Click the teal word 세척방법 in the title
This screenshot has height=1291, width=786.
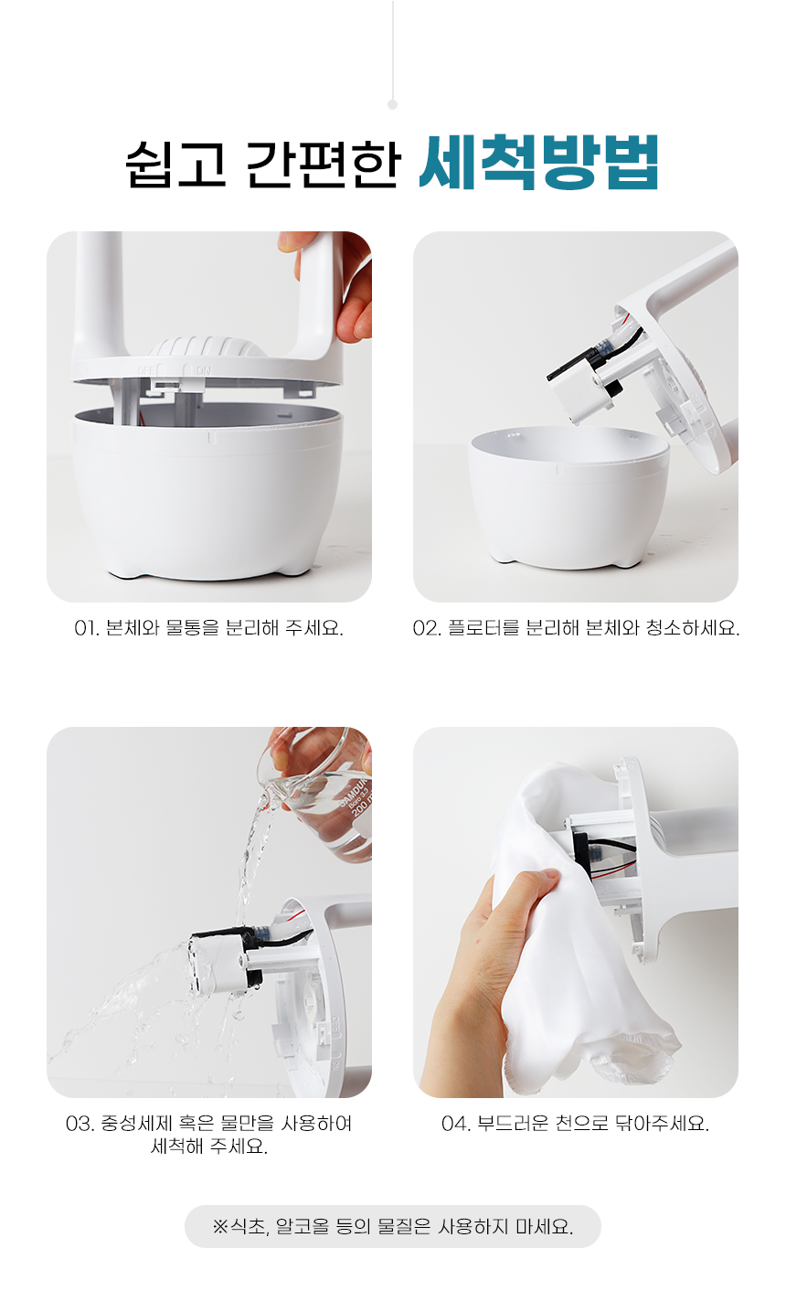539,163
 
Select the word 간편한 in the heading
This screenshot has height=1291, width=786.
324,164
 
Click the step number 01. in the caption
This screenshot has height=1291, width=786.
87,628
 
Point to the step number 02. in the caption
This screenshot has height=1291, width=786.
427,628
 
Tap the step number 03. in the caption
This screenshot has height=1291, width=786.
80,1124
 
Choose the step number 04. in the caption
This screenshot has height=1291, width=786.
456,1124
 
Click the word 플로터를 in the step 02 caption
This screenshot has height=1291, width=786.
483,627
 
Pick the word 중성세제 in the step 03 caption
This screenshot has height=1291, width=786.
136,1124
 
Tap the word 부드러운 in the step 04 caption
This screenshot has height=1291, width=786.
513,1124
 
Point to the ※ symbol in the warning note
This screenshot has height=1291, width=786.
220,1226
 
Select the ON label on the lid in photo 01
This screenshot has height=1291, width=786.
204,370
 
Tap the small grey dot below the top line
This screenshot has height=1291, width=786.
392,104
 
